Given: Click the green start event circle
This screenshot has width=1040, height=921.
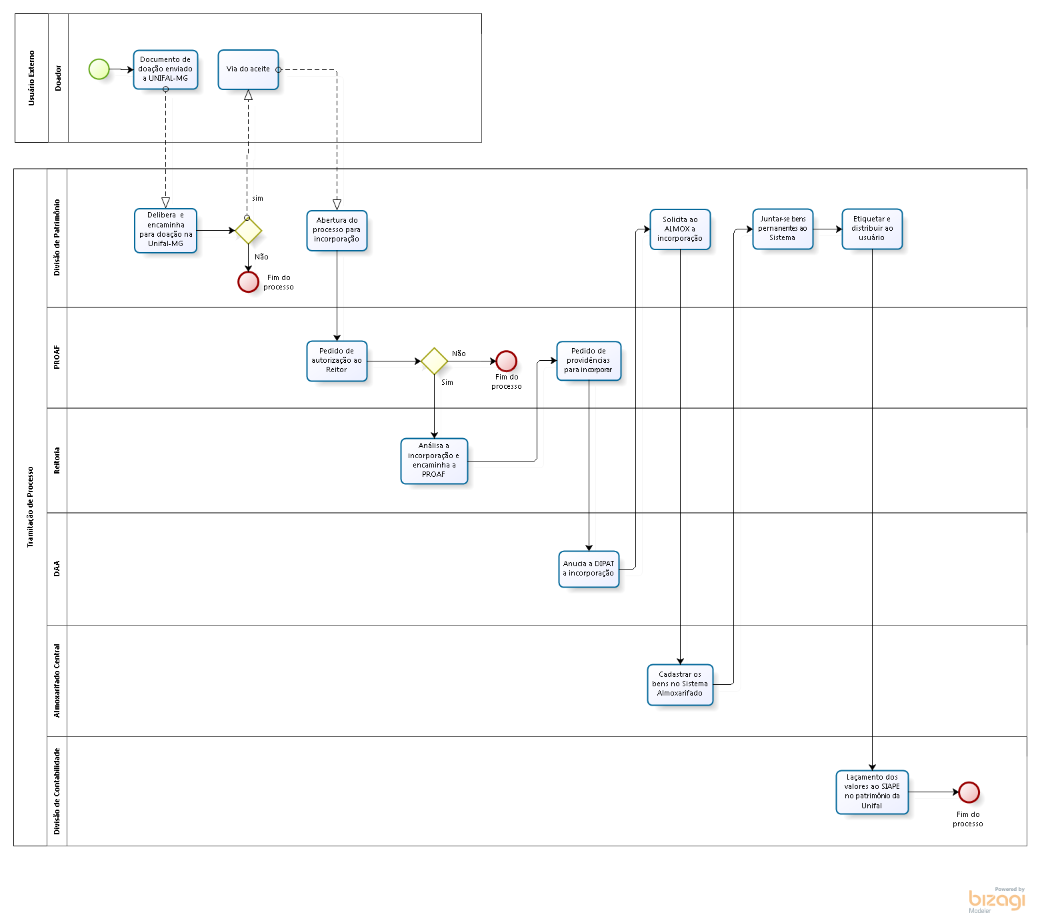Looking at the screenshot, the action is pyautogui.click(x=99, y=69).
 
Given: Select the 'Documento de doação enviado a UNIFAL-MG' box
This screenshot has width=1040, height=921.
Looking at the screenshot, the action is pyautogui.click(x=165, y=69).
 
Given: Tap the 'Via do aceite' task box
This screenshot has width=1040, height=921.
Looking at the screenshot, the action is pyautogui.click(x=248, y=69).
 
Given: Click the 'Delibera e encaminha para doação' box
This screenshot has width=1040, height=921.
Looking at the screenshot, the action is pyautogui.click(x=165, y=231).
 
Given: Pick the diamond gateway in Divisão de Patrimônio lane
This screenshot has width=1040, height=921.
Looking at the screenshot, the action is pyautogui.click(x=248, y=231).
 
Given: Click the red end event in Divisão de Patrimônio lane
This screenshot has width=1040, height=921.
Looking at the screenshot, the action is pyautogui.click(x=248, y=281).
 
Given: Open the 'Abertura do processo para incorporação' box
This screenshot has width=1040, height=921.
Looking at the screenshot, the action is pyautogui.click(x=337, y=231).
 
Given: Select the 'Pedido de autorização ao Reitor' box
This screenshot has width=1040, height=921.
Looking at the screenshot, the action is pyautogui.click(x=337, y=361).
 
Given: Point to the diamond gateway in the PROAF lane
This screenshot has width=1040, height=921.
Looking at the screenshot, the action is pyautogui.click(x=434, y=361).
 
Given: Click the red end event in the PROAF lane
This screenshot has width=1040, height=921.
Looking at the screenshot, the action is pyautogui.click(x=506, y=361).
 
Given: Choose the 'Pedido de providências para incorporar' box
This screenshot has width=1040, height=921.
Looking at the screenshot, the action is pyautogui.click(x=589, y=361).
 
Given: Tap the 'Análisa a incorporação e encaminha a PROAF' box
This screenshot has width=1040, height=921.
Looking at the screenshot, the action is pyautogui.click(x=434, y=461).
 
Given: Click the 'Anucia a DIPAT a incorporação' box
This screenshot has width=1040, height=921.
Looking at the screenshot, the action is pyautogui.click(x=589, y=569).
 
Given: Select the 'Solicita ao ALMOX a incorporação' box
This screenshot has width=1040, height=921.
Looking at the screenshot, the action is pyautogui.click(x=680, y=229).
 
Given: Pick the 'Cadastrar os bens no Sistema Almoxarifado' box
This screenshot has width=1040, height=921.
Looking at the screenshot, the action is pyautogui.click(x=680, y=684).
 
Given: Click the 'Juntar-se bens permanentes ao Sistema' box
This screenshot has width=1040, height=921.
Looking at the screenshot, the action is pyautogui.click(x=783, y=229).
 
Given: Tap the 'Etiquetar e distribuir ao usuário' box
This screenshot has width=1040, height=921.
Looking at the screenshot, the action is pyautogui.click(x=872, y=229).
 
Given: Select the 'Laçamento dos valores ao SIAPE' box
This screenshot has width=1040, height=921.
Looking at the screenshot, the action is pyautogui.click(x=872, y=792).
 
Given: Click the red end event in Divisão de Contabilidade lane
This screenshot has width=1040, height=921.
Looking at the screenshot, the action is pyautogui.click(x=969, y=792).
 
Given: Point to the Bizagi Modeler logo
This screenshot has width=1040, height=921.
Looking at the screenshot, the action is pyautogui.click(x=997, y=900).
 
